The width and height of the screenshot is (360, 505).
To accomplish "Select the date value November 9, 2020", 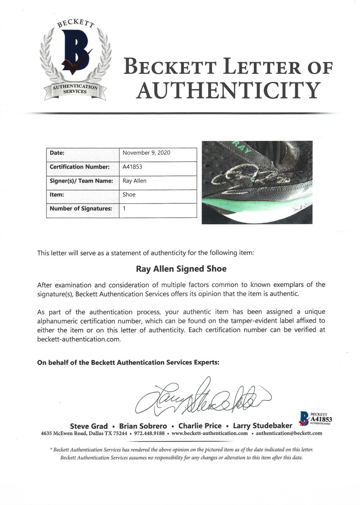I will click(x=146, y=153).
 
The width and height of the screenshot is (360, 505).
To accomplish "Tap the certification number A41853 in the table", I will click(x=132, y=167).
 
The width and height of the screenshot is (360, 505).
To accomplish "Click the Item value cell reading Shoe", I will click(x=129, y=194).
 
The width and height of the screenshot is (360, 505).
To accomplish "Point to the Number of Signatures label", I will click(x=81, y=209).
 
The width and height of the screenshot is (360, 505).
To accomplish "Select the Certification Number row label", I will click(x=80, y=167).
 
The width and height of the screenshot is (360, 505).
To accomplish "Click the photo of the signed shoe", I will click(x=257, y=182).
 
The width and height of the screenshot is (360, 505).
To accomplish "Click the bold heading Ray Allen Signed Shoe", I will click(x=181, y=269).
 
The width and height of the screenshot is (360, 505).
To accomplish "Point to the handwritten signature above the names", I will click(x=202, y=396).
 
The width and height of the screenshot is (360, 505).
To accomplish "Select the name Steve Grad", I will click(x=89, y=426).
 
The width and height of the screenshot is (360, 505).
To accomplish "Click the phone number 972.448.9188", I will click(x=149, y=433).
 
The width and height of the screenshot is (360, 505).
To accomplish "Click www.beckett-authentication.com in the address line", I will click(x=210, y=433).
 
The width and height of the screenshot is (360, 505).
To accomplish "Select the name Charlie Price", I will click(x=200, y=426).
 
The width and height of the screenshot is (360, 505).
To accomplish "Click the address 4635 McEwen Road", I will click(x=64, y=433).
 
